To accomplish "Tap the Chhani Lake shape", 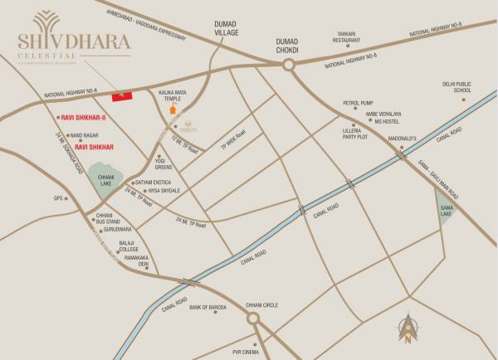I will pos(105,182).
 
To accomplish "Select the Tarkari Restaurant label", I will pos(347,36).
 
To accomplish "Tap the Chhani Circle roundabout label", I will pos(261,304).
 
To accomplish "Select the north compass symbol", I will pos(408,327).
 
